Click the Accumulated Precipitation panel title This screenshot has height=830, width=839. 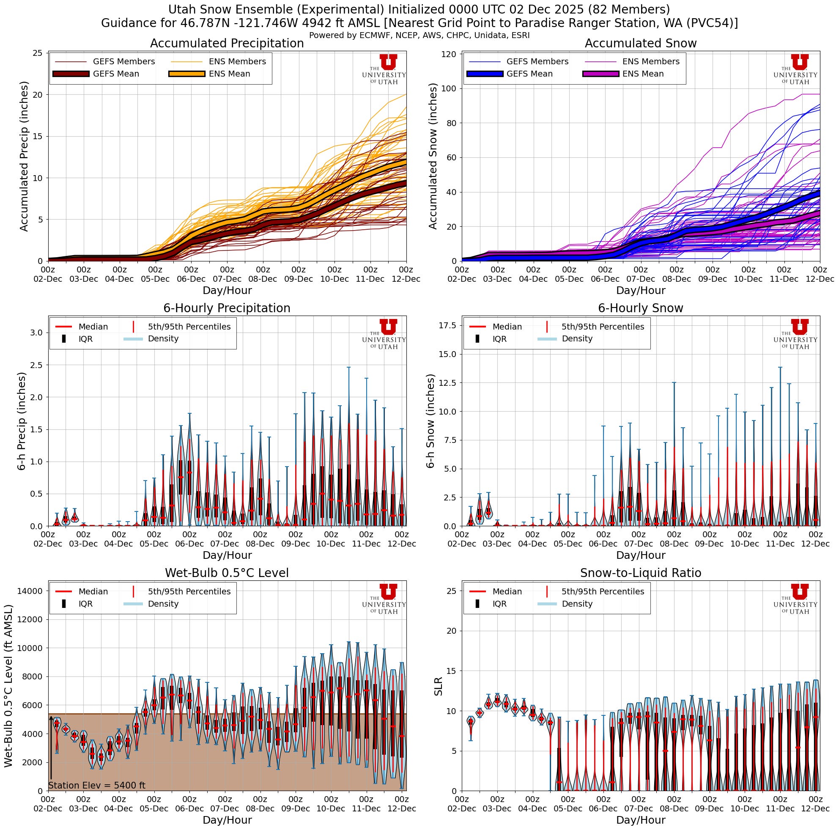tap(227, 44)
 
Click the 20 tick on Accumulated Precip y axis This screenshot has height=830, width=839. tap(38, 95)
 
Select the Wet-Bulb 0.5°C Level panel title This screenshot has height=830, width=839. tap(227, 573)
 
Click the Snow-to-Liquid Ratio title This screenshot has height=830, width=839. tap(641, 573)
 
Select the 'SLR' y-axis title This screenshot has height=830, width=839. tap(439, 686)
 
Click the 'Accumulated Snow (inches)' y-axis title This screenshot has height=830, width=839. tap(433, 156)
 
